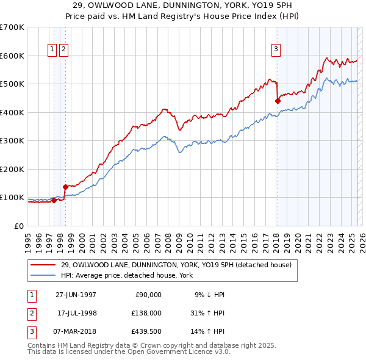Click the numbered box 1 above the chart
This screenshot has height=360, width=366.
pos(52,50)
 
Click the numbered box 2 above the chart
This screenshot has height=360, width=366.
pos(63,50)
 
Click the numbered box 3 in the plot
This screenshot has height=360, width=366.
pos(276,50)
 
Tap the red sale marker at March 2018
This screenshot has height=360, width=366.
pos(278,101)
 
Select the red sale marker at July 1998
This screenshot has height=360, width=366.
pos(65,187)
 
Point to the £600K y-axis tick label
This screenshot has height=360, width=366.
pos(12,56)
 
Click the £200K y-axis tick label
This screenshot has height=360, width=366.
pos(12,169)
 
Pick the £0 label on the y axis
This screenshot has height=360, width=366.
pos(19,226)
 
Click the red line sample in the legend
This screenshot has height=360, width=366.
pos(43,265)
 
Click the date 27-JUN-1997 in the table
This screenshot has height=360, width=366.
pos(76,294)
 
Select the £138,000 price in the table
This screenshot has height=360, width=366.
pos(147,312)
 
